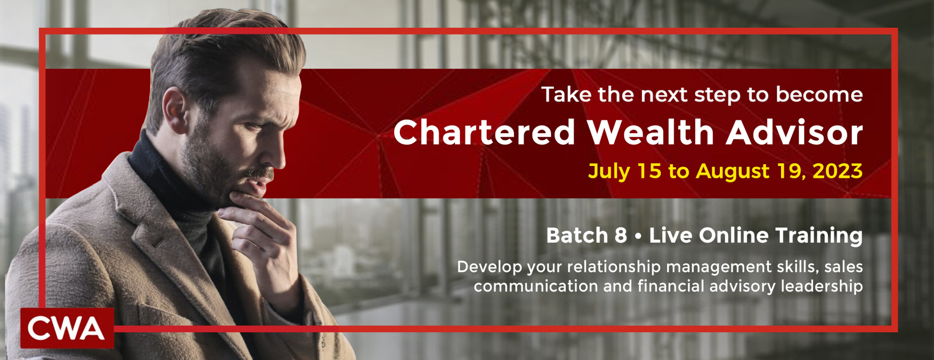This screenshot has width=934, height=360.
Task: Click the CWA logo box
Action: (67, 328)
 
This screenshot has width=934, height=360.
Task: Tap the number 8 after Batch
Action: (621, 235)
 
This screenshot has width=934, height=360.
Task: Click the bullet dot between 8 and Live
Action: (638, 236)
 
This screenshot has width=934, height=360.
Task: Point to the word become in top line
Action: (819, 94)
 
